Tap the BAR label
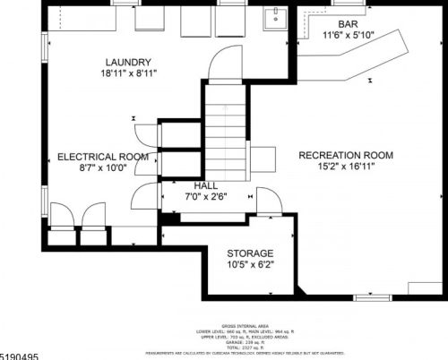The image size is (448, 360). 349,23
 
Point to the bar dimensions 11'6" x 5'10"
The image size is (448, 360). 349,36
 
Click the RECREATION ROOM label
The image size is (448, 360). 351,153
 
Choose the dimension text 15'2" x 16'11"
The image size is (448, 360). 351,167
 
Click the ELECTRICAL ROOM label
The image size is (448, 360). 102,156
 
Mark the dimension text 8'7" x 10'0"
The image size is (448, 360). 102,168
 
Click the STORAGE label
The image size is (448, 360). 250,253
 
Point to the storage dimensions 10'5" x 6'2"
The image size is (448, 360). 250,265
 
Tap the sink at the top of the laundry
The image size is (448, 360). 274,18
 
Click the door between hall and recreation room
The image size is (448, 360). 268,201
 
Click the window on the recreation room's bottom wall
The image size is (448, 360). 372,296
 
